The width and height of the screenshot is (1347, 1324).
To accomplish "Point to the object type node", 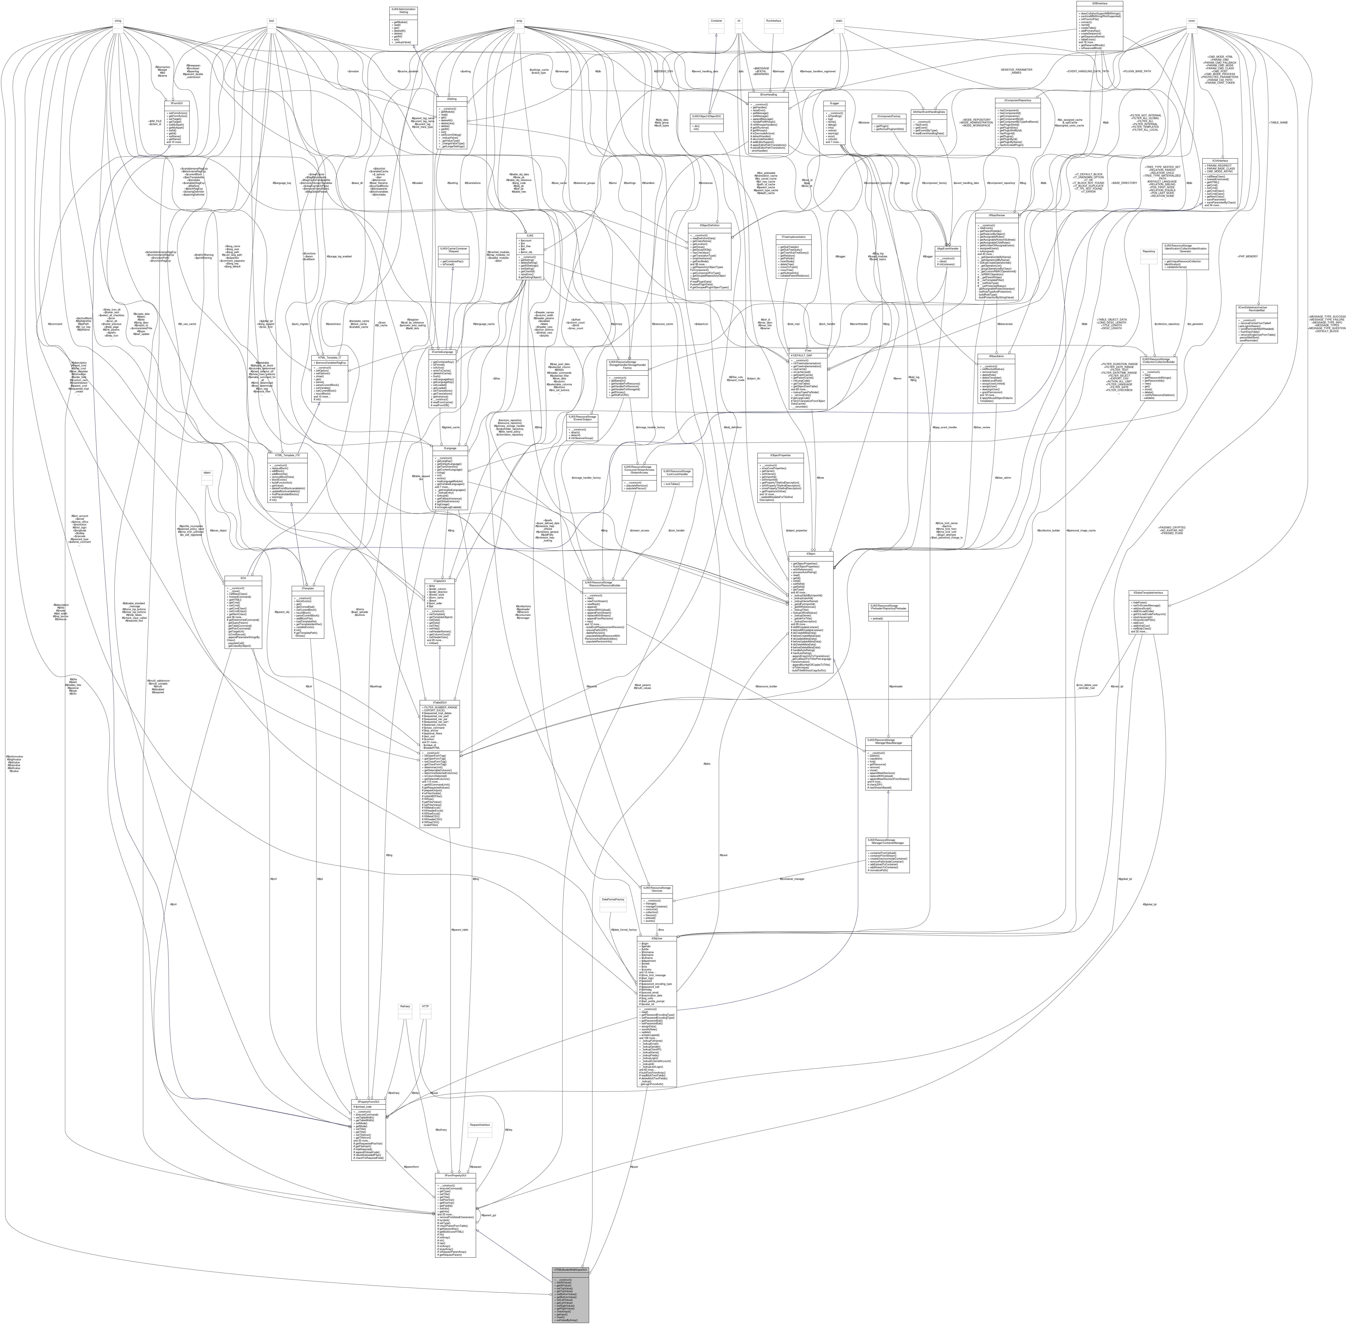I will pos(207,473).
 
